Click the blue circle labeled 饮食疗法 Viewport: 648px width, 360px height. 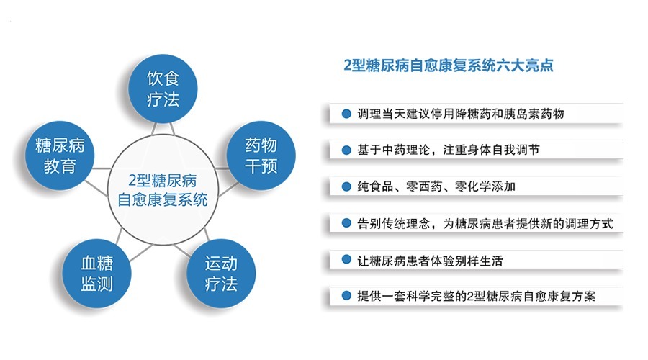point(162,87)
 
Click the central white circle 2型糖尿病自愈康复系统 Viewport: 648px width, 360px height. point(162,188)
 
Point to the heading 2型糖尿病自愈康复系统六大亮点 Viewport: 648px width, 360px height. point(449,65)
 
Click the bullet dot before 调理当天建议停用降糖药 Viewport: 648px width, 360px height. point(346,114)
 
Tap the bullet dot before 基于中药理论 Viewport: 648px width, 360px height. point(346,150)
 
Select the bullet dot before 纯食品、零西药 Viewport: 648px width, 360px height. point(346,186)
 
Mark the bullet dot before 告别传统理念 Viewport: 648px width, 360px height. point(346,223)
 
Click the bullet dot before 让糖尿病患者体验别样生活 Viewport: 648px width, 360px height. point(346,260)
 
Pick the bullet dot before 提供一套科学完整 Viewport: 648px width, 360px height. point(346,296)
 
